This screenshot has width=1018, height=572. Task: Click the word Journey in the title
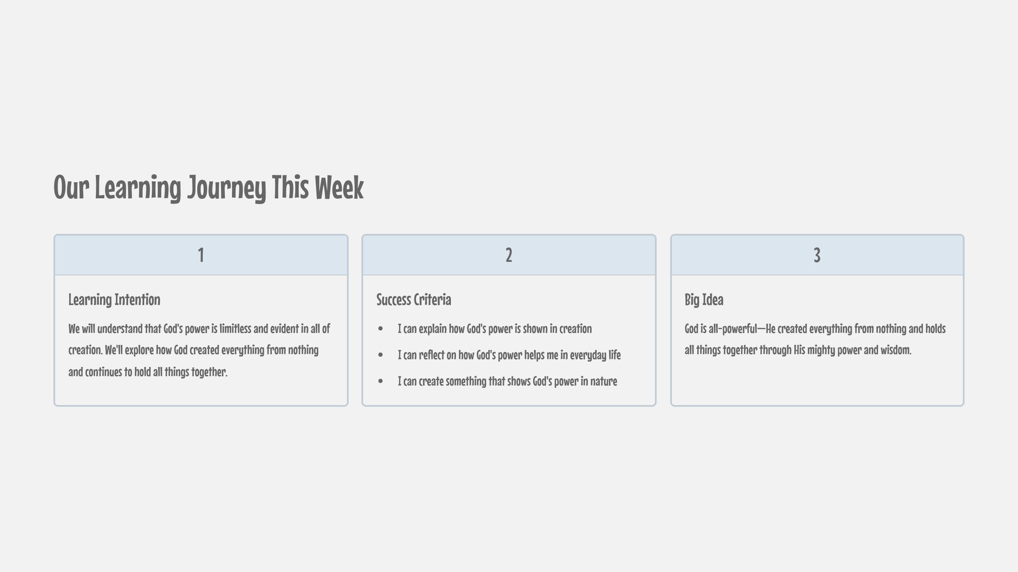click(x=227, y=189)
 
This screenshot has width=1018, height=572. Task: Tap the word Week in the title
click(x=339, y=188)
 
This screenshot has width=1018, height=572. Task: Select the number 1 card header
click(x=201, y=255)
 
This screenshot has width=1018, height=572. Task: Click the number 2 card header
click(x=509, y=255)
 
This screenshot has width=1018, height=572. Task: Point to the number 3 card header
click(x=817, y=255)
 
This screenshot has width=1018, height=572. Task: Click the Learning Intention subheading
click(x=114, y=300)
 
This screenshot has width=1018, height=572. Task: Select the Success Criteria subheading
click(x=414, y=300)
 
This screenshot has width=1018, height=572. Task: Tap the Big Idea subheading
click(x=704, y=300)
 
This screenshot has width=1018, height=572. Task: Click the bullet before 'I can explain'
click(x=381, y=329)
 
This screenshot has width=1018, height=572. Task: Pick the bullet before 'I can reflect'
click(x=381, y=355)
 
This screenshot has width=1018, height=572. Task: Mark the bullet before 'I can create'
click(x=381, y=381)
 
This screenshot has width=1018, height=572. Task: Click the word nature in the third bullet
click(x=603, y=381)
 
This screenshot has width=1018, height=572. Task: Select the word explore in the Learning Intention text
click(x=138, y=351)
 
